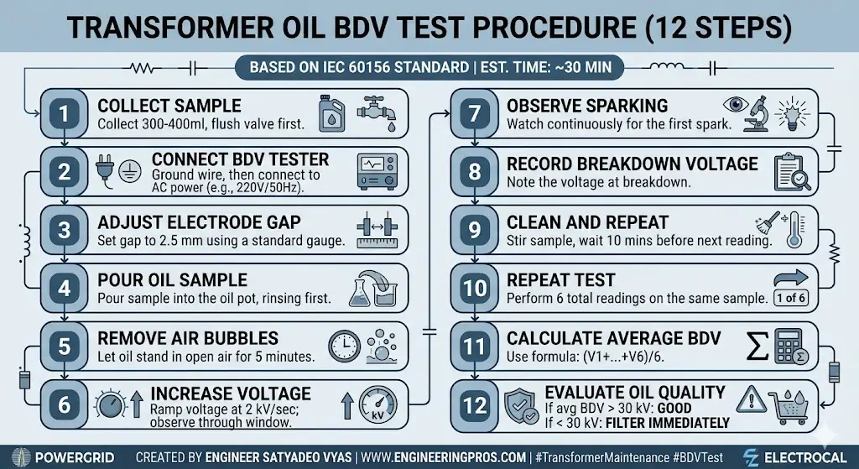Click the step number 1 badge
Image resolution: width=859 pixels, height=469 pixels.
65,114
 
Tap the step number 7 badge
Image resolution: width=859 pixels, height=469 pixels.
475,114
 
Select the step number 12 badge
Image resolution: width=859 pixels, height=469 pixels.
475,404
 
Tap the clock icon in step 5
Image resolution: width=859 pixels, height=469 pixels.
344,345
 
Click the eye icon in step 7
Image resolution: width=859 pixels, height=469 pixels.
737,106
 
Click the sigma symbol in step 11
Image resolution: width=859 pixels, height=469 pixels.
758,346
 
